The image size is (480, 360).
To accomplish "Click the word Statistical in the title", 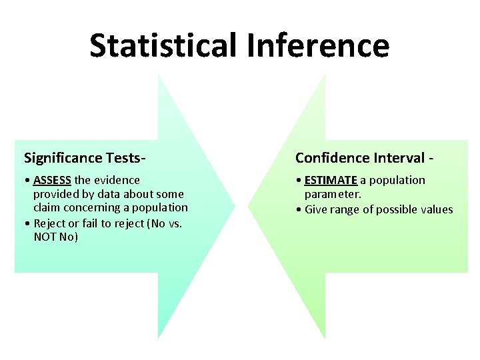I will tap(163, 45).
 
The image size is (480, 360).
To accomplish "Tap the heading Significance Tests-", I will tap(85, 158).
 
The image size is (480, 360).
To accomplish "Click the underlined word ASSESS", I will tap(52, 180).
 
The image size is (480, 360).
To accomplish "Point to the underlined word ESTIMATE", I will tap(331, 180).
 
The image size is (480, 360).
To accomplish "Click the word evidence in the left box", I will tap(117, 180).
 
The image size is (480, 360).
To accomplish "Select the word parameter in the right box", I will tap(333, 194).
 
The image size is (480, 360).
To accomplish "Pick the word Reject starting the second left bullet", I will tap(50, 223).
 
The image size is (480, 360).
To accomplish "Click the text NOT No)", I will tap(55, 237).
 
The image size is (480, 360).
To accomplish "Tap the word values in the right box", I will tap(436, 209).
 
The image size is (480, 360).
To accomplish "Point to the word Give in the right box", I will tap(316, 209).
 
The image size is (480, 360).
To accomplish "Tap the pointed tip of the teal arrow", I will tap(234, 206).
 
